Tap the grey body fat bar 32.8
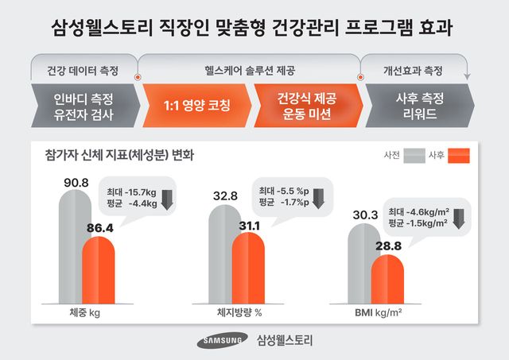click(x=220, y=254)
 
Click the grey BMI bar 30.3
click(x=367, y=262)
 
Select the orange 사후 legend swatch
click(x=459, y=155)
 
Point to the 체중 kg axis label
click(x=85, y=313)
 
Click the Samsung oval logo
click(x=223, y=341)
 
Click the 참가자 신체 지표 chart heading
click(x=119, y=153)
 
